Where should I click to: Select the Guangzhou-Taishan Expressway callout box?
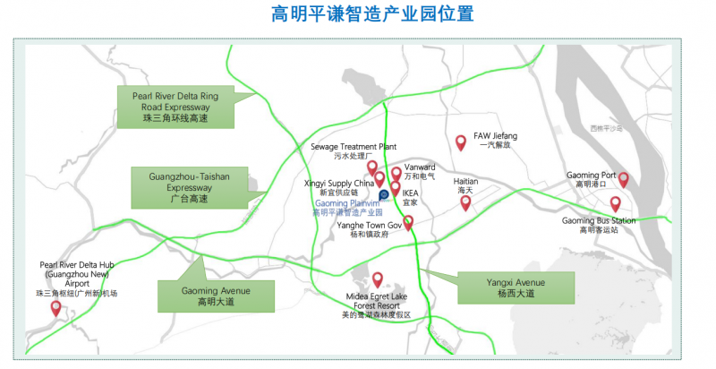189,187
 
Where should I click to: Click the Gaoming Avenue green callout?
216,295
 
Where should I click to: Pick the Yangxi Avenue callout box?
510,288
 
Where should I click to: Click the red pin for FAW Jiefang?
461,142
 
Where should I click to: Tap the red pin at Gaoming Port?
624,179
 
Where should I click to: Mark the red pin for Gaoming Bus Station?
616,204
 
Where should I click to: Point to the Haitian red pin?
465,202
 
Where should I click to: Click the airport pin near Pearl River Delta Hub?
56,308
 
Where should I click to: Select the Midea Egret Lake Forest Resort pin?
378,279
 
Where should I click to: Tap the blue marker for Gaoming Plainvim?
384,194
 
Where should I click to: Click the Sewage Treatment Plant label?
353,150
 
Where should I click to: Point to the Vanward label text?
420,171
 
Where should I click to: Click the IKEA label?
411,197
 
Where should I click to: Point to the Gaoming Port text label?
591,179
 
